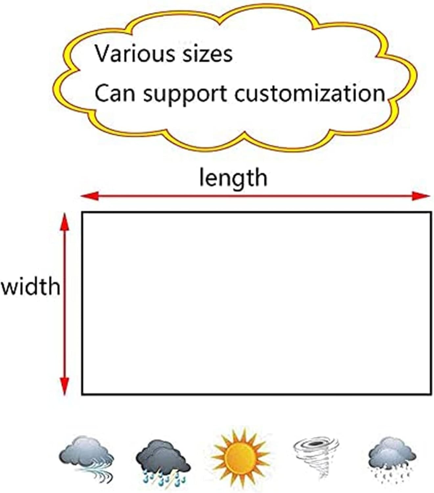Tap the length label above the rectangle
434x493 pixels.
coord(233,178)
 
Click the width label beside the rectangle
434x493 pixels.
coord(31,286)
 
